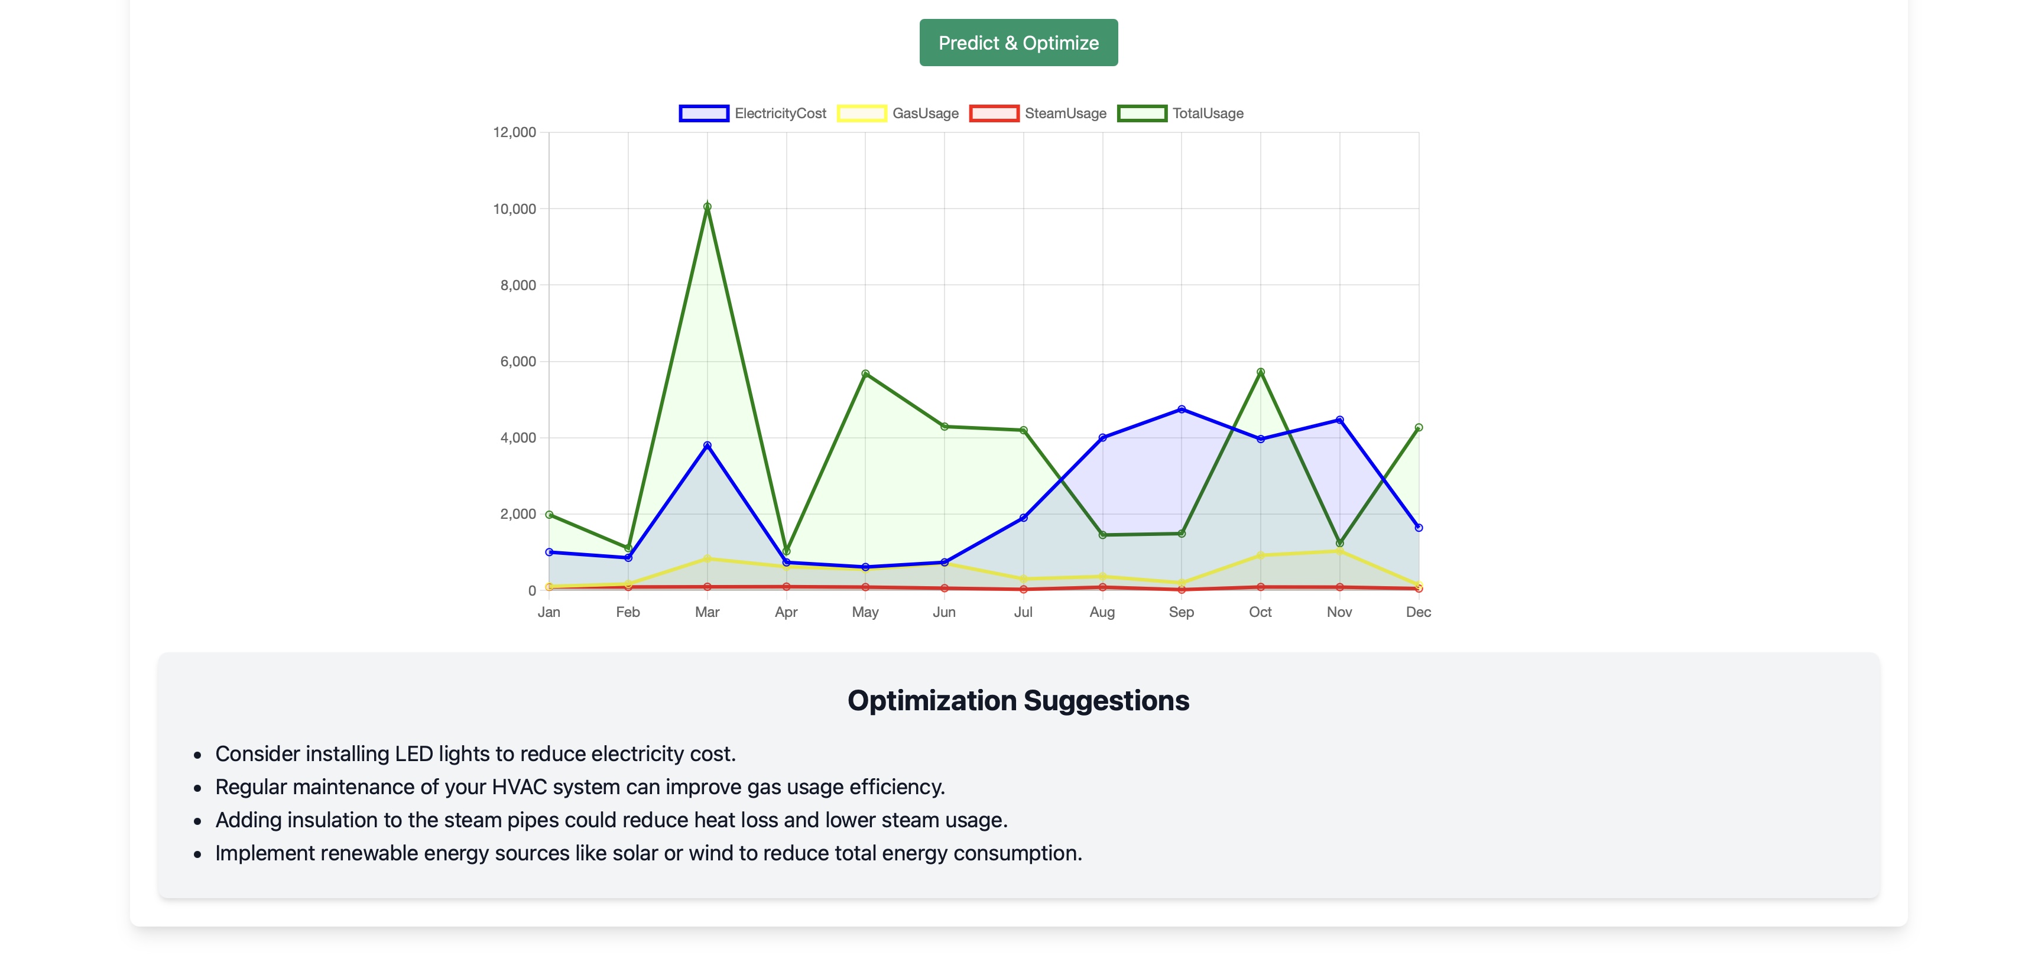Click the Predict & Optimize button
point(1018,43)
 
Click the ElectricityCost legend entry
point(752,113)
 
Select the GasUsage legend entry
point(898,113)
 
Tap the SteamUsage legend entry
point(1038,113)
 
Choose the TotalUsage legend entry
point(1180,113)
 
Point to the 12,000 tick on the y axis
point(514,132)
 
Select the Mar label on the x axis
point(706,612)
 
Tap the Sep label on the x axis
point(1181,612)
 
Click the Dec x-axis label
point(1418,612)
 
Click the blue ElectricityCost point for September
point(1181,409)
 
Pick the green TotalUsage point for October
point(1260,372)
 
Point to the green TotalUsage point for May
point(865,373)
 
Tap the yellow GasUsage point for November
point(1339,550)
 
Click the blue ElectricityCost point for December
point(1419,528)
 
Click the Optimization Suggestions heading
point(1018,701)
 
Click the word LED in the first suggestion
point(414,753)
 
